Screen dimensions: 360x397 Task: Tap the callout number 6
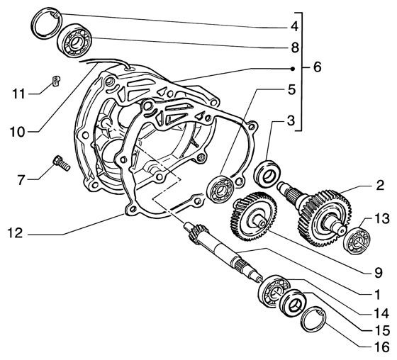315,69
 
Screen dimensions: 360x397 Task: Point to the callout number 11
22,92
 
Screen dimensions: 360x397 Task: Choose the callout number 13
381,220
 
